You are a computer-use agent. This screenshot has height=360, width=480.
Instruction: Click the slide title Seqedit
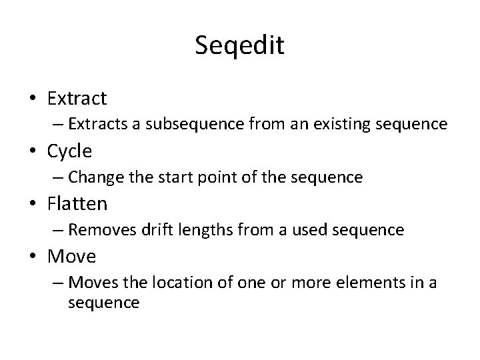[x=240, y=46]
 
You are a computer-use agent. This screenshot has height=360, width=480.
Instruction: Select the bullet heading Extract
[x=77, y=99]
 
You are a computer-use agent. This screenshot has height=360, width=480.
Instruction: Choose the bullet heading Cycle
[x=69, y=151]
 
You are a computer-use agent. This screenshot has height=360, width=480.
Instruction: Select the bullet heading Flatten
[x=77, y=203]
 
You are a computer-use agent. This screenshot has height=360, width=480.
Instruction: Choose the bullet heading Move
[x=71, y=256]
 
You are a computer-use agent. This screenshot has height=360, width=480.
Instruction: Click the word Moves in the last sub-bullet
[x=91, y=283]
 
